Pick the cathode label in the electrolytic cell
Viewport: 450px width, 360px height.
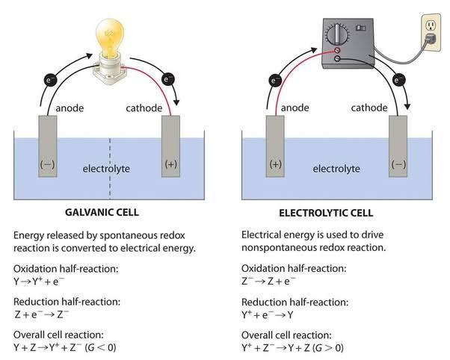click(370, 108)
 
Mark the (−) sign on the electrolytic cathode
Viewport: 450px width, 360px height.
click(398, 164)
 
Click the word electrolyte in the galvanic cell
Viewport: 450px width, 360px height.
click(105, 169)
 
